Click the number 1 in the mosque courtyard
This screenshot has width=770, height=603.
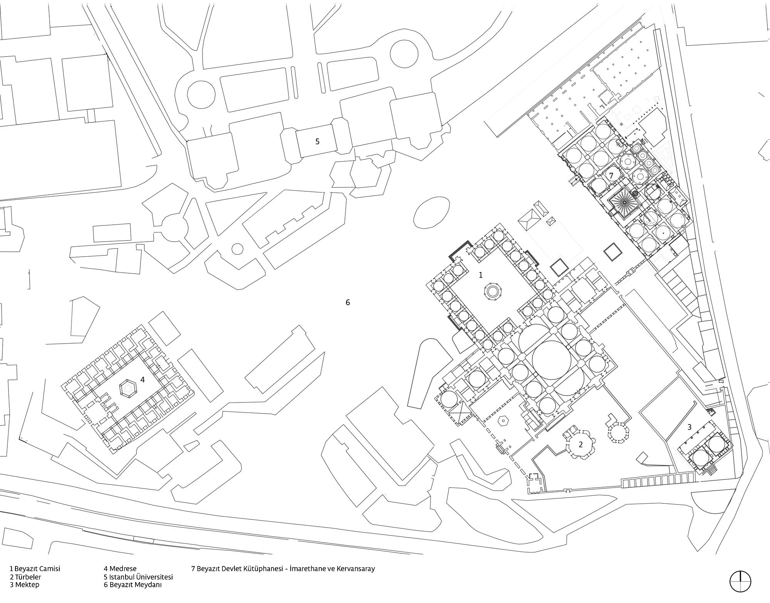[480, 275]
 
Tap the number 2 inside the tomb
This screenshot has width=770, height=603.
[581, 444]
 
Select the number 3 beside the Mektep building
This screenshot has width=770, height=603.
[689, 427]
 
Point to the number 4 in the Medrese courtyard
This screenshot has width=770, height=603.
[142, 379]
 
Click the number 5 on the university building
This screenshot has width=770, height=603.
[317, 142]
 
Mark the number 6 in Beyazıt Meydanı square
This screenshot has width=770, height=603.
[348, 302]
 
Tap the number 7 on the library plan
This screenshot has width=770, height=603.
[611, 175]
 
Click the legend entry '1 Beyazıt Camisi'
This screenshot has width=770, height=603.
[35, 568]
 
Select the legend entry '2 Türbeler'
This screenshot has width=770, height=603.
[25, 577]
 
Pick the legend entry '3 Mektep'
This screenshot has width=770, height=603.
[25, 585]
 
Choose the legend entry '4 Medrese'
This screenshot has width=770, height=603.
[120, 568]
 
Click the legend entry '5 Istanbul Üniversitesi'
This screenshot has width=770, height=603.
[138, 577]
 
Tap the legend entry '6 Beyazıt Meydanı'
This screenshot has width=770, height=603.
[132, 585]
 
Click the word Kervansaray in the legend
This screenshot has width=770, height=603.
[355, 568]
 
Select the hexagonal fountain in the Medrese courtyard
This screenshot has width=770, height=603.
[128, 388]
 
